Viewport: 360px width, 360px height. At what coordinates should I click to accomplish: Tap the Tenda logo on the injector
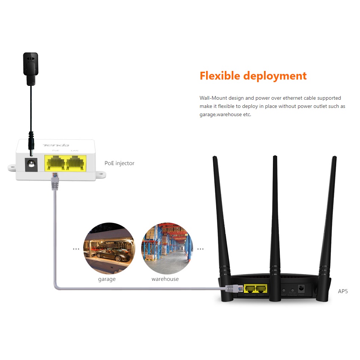pyautogui.click(x=56, y=145)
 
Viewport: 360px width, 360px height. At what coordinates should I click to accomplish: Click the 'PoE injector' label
pyautogui.click(x=119, y=163)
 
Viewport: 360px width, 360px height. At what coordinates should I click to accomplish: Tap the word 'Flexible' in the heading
pyautogui.click(x=220, y=76)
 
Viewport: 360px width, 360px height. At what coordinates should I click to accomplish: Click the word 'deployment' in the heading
pyautogui.click(x=275, y=76)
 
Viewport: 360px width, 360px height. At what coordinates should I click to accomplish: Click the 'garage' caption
pyautogui.click(x=107, y=279)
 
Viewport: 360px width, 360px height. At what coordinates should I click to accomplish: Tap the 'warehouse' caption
pyautogui.click(x=165, y=279)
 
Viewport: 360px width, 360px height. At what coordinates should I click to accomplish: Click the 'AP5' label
pyautogui.click(x=343, y=291)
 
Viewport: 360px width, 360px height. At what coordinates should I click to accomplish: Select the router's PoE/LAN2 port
pyautogui.click(x=249, y=288)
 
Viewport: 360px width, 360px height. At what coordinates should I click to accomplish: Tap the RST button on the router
pyautogui.click(x=284, y=290)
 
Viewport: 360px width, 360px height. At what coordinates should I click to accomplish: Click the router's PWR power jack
pyautogui.click(x=301, y=289)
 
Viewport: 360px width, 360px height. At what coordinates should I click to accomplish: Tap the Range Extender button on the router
pyautogui.click(x=292, y=290)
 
